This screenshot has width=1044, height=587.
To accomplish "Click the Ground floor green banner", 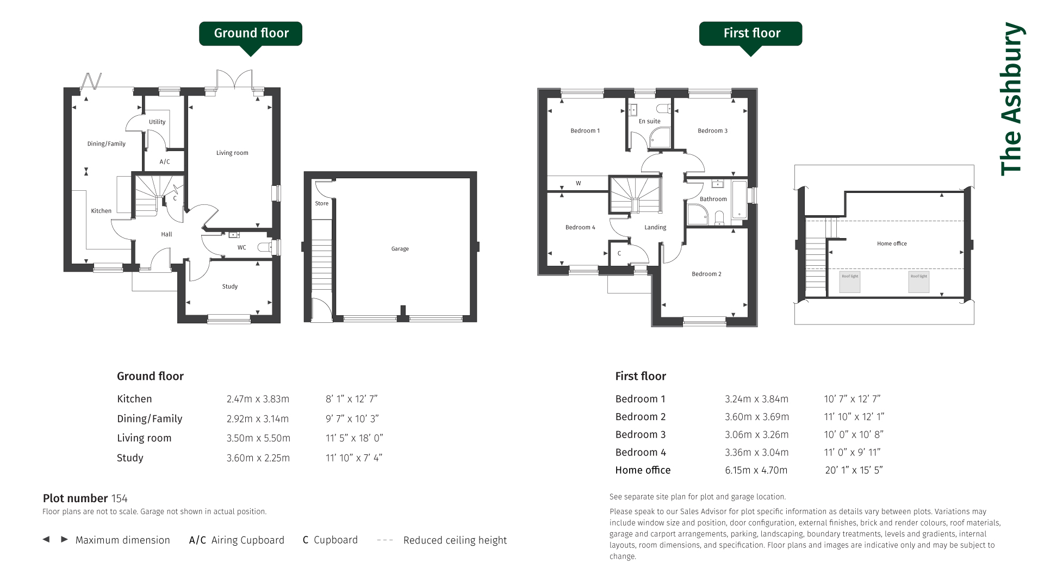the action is [251, 34].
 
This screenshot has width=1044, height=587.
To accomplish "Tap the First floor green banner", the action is [750, 34].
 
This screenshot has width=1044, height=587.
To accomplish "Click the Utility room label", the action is [157, 122].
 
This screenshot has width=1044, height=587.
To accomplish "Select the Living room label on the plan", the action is [232, 153].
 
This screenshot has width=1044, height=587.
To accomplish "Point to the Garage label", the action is [400, 249].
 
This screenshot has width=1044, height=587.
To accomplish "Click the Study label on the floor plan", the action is [230, 286].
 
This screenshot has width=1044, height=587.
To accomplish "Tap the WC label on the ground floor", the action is [242, 247].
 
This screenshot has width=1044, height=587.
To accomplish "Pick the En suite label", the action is [650, 121].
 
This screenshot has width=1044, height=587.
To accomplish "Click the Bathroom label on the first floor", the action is [713, 199].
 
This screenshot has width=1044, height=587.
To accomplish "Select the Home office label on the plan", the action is [892, 243].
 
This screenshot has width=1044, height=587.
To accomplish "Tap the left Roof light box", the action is [850, 282].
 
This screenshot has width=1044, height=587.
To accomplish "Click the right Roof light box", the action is [919, 282].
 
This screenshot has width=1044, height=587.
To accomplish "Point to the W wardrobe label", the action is [579, 183].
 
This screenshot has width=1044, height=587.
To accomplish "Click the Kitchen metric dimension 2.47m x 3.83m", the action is [258, 399].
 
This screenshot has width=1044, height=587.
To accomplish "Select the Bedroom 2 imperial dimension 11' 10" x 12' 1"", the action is [854, 417].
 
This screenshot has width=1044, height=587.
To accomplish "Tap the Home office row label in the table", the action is [643, 470].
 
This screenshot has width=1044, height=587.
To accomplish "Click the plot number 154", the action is [119, 498].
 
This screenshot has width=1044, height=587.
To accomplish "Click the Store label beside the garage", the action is [322, 203].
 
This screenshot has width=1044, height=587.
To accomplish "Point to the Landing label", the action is [655, 227].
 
